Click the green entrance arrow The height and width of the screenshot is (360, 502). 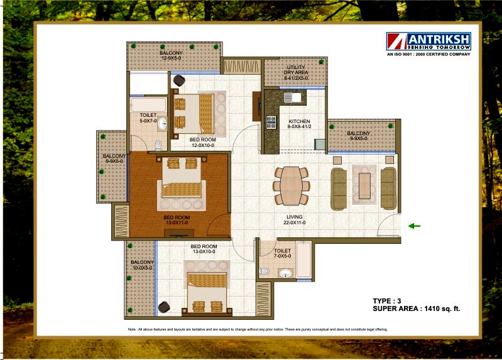tap(414, 226)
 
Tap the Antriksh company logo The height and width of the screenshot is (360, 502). tap(428, 41)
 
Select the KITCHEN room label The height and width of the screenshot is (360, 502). tap(299, 121)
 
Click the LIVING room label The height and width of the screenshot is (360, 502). tap(294, 217)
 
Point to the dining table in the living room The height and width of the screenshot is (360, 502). tap(291, 185)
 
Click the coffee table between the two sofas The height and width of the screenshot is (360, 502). tap(364, 186)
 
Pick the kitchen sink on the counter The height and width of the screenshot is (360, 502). tap(293, 97)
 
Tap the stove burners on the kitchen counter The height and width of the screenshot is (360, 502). tap(271, 123)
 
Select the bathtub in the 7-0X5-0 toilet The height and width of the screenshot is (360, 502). tap(303, 259)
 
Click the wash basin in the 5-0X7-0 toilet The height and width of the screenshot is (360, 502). tap(162, 124)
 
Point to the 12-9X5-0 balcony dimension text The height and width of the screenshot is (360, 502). tap(171, 58)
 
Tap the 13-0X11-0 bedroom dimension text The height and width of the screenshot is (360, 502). tap(177, 222)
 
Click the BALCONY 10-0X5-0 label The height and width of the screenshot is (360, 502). tap(142, 265)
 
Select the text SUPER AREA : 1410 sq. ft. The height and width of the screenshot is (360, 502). tap(416, 308)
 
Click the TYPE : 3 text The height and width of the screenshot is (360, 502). tap(387, 301)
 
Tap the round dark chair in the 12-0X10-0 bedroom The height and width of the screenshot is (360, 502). tap(179, 80)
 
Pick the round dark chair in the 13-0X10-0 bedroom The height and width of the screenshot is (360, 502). tap(164, 307)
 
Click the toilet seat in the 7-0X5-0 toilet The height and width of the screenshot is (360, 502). tap(264, 271)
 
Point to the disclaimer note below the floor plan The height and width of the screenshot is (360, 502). tap(258, 329)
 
